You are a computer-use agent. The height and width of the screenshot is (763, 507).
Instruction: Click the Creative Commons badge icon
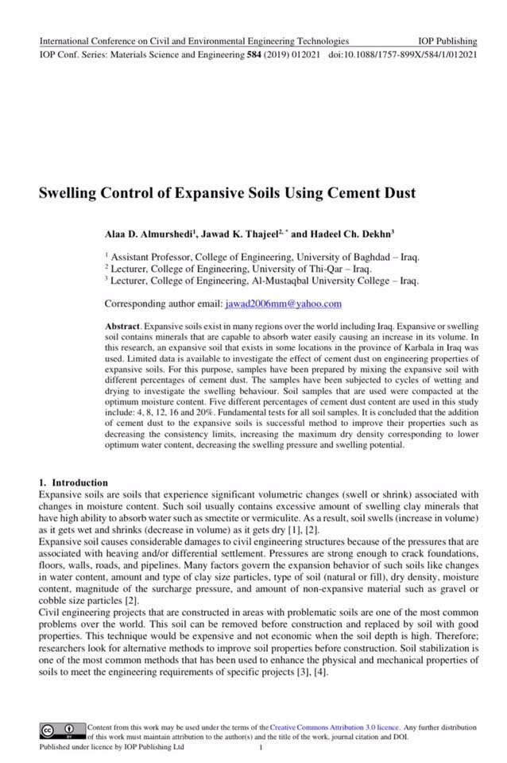click(x=62, y=730)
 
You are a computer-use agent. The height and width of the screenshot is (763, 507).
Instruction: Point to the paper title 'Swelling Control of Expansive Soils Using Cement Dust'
click(x=228, y=193)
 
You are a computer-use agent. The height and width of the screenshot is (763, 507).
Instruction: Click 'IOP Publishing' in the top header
click(x=447, y=41)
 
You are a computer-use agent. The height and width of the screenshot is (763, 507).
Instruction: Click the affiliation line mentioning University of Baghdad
click(x=264, y=258)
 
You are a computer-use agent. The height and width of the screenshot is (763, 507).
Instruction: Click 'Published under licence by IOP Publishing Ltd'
click(x=112, y=747)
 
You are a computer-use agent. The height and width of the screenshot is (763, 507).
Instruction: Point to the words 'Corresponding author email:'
click(x=164, y=304)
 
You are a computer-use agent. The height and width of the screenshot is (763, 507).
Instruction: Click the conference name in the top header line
click(x=194, y=41)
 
